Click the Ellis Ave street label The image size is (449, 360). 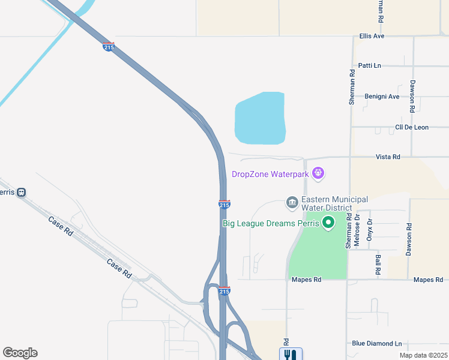[372, 36]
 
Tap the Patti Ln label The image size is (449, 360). [369, 65]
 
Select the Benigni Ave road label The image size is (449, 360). [382, 96]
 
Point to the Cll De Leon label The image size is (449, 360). [411, 127]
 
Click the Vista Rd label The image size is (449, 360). [388, 157]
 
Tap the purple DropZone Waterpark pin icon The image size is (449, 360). [318, 174]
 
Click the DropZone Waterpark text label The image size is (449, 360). [270, 175]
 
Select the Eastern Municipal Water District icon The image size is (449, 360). [292, 203]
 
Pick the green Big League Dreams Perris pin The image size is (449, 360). [328, 223]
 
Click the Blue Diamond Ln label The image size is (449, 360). [377, 344]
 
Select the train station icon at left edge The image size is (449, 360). [21, 193]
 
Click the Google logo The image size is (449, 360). [20, 353]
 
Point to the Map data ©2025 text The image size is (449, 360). [423, 355]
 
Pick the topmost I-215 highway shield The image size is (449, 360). [109, 47]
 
